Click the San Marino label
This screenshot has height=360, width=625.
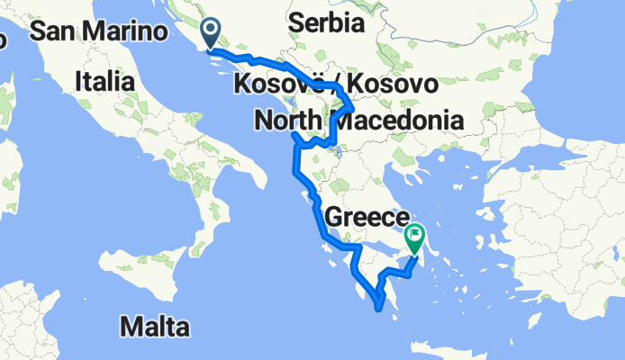click(99, 31)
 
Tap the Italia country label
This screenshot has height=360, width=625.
click(105, 81)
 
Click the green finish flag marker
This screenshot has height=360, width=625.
click(415, 238)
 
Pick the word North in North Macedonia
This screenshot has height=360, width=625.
click(288, 120)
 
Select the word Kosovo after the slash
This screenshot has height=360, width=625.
click(393, 85)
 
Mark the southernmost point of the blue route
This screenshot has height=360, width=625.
click(384, 308)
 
